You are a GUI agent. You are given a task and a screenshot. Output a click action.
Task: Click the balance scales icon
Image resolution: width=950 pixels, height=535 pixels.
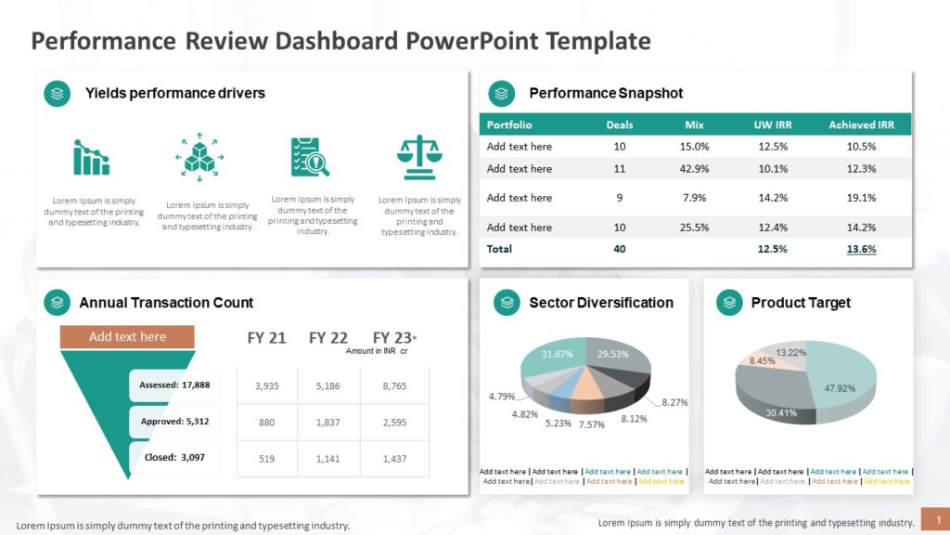pyautogui.click(x=419, y=157)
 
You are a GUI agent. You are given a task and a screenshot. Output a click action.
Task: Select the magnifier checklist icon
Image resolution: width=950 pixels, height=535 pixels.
pyautogui.click(x=310, y=157)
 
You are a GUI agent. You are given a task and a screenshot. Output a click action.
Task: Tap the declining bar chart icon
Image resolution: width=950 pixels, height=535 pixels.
pyautogui.click(x=91, y=158)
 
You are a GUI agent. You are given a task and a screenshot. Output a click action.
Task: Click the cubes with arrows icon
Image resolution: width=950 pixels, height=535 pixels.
pyautogui.click(x=199, y=157)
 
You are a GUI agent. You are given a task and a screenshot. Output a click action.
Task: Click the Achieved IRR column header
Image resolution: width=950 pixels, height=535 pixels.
pyautogui.click(x=861, y=124)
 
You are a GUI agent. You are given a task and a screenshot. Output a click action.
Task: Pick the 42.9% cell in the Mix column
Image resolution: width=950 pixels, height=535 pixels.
pyautogui.click(x=694, y=169)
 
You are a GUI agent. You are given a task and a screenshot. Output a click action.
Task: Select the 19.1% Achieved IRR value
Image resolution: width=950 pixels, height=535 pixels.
pyautogui.click(x=861, y=198)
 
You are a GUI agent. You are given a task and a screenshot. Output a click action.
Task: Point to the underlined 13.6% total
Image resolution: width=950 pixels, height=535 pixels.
pyautogui.click(x=861, y=249)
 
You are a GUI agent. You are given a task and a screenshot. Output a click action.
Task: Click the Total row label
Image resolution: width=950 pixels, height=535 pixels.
pyautogui.click(x=499, y=249)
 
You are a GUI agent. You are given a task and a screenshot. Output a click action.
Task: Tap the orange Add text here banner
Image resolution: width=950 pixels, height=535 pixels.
pyautogui.click(x=127, y=337)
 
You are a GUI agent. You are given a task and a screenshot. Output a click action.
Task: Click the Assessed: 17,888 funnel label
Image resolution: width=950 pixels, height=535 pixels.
pyautogui.click(x=174, y=385)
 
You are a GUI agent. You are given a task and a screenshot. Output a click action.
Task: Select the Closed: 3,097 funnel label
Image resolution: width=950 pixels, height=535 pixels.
pyautogui.click(x=174, y=457)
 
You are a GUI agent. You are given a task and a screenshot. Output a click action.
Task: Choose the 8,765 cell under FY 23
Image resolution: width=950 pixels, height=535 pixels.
pyautogui.click(x=394, y=385)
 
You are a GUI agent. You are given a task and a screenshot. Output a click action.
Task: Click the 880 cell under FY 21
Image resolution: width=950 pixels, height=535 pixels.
pyautogui.click(x=266, y=422)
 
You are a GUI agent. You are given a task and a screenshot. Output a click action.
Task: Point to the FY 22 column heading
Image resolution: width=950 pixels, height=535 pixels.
pyautogui.click(x=328, y=338)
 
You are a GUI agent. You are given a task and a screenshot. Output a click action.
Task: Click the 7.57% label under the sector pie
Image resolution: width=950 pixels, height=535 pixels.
pyautogui.click(x=592, y=424)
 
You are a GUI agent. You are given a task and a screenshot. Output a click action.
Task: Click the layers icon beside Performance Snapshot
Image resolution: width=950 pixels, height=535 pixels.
pyautogui.click(x=502, y=94)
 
